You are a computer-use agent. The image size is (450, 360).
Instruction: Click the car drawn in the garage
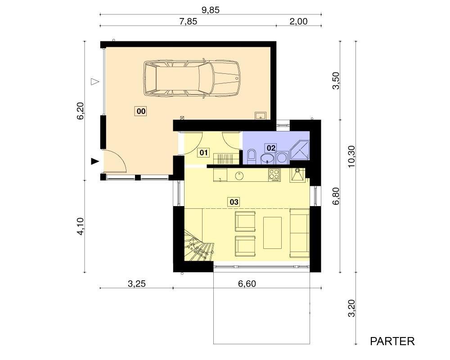tap(192, 78)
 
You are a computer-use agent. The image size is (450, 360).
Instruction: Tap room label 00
tap(140, 111)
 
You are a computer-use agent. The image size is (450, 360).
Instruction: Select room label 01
tap(203, 152)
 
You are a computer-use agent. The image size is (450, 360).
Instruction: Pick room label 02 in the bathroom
tap(270, 148)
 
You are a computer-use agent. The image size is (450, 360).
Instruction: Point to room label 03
tap(234, 202)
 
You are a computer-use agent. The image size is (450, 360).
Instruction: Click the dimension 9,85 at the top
tap(210, 10)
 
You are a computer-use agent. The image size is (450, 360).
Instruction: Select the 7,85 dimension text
tap(188, 22)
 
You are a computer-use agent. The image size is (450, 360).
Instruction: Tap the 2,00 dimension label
tap(298, 22)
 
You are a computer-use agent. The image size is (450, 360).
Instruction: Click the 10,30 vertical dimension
tap(351, 157)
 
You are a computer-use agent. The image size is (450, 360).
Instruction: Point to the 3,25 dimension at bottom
tap(137, 283)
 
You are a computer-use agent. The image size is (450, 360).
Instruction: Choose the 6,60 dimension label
tap(247, 283)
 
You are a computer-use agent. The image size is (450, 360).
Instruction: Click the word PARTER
tap(392, 342)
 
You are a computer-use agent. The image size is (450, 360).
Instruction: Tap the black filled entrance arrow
tap(95, 162)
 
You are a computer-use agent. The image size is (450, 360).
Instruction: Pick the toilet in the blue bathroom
tap(252, 157)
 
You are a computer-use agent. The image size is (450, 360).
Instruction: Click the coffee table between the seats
tap(272, 233)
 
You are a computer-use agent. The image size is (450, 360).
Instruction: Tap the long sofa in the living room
tap(300, 233)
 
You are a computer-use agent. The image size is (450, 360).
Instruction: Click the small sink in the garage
tap(261, 115)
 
